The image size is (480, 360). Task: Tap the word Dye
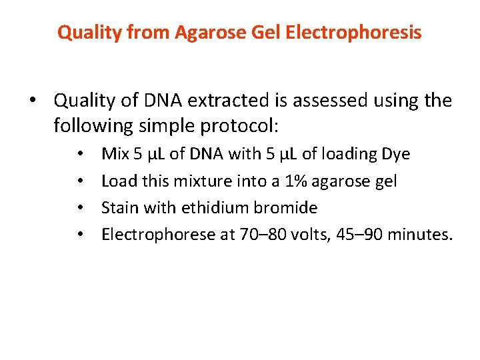395,154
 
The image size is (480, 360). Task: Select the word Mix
115,154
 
